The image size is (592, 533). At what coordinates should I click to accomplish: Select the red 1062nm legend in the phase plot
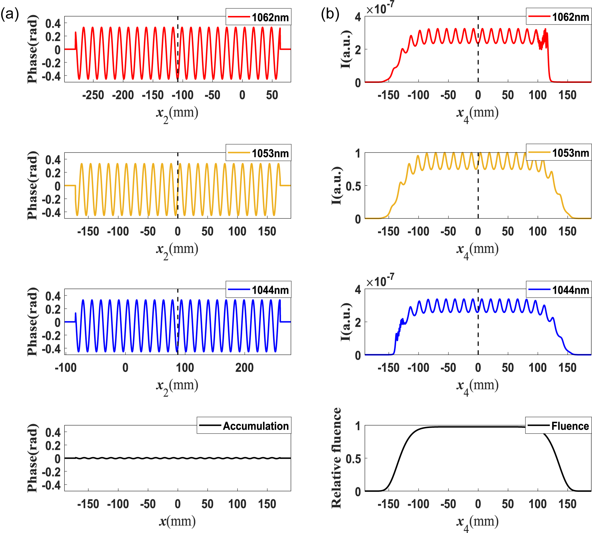[258, 17]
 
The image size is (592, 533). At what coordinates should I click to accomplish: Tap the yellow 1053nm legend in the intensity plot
[559, 153]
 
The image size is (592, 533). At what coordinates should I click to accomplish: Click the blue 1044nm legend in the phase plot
[258, 290]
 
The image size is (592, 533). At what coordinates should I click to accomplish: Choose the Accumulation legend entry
[244, 426]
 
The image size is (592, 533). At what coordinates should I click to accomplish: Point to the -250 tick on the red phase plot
[93, 95]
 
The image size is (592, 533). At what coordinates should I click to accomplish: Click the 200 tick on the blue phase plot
[244, 368]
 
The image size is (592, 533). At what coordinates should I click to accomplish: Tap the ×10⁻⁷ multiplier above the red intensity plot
[380, 9]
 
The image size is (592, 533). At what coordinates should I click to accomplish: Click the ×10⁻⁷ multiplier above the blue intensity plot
[380, 281]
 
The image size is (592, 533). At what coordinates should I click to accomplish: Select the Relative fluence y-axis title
[336, 458]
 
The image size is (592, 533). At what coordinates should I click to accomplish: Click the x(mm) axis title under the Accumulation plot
[177, 521]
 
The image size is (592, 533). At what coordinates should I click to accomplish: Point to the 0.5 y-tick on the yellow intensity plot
[353, 186]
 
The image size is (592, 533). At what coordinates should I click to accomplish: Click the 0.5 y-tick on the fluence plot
[353, 459]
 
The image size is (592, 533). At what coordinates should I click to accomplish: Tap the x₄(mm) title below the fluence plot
[477, 522]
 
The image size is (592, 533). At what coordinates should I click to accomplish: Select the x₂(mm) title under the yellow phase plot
[177, 250]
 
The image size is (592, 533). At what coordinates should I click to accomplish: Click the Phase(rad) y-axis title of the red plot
[32, 49]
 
